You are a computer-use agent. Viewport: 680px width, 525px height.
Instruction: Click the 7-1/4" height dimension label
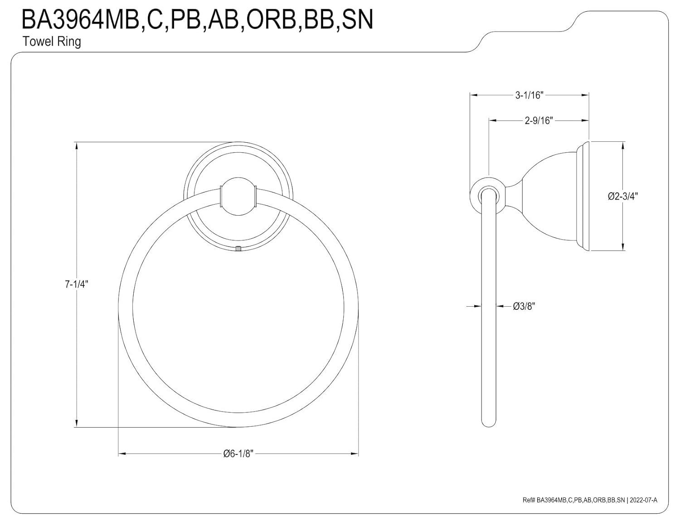tap(76, 284)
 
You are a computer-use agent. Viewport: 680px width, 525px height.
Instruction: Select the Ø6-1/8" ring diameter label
tap(238, 453)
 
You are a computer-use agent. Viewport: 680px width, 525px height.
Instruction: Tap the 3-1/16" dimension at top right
tap(529, 95)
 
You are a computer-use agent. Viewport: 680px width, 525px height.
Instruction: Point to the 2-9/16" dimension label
tap(539, 120)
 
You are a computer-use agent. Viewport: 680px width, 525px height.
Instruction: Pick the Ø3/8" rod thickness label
tap(524, 306)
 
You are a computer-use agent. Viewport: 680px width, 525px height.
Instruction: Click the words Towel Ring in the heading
tap(52, 42)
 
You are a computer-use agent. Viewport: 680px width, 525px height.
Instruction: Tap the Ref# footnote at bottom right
tap(589, 500)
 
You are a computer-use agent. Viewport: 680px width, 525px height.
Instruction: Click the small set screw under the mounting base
tap(238, 248)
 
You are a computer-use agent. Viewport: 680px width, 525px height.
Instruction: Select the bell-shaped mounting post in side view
tap(544, 196)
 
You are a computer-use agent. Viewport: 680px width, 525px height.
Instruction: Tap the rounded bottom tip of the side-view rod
tap(488, 424)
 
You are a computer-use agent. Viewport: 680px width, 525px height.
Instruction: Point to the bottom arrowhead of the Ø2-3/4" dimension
tap(624, 247)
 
